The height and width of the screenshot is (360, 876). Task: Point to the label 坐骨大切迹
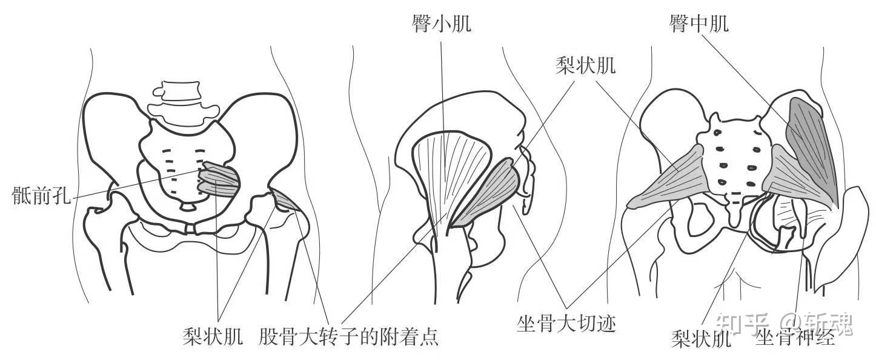(x=566, y=323)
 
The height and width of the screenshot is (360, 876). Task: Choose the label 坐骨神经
(x=795, y=337)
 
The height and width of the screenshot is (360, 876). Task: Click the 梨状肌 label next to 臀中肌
(x=585, y=65)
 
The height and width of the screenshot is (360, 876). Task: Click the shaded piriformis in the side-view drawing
(x=489, y=192)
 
